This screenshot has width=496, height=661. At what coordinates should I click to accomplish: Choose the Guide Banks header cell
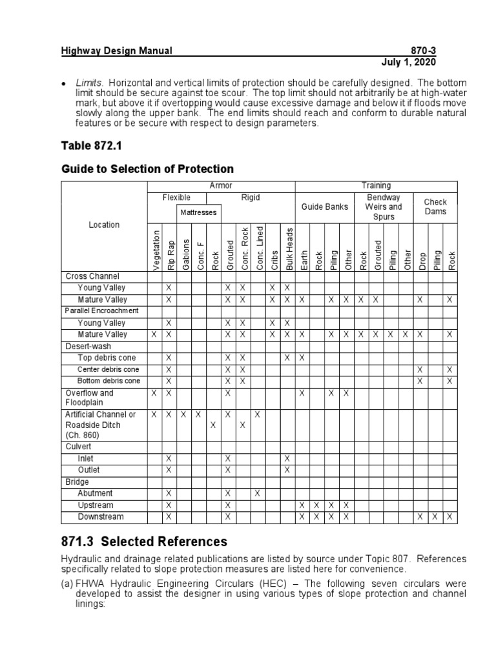coord(324,207)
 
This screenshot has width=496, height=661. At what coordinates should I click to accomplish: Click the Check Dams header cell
coord(435,207)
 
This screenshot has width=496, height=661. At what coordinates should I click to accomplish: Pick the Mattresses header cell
coord(198,212)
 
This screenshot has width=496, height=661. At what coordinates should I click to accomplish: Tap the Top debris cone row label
coord(107,358)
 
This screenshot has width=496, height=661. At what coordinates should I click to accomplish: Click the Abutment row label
coord(95,493)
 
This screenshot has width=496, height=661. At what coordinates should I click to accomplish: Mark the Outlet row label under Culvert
coord(89,470)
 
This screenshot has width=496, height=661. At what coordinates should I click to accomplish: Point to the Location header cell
coord(104,225)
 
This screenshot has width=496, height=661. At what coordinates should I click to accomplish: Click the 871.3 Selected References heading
coord(144,541)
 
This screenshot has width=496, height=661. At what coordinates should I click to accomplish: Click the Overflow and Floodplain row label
coord(89,398)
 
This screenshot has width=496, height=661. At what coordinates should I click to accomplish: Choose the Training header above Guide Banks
coord(376,186)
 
